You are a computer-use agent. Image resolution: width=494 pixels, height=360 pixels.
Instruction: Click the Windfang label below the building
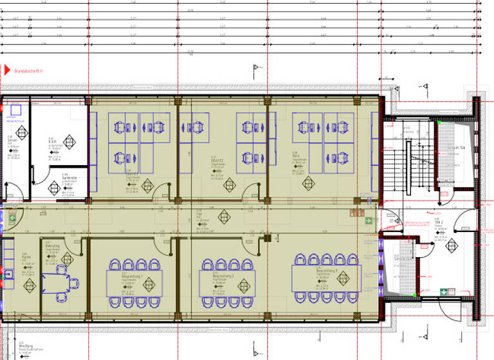[26, 345]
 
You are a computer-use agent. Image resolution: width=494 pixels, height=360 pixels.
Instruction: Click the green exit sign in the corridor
[369, 221]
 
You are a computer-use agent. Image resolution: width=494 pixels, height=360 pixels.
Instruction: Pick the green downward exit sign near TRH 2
[443, 291]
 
